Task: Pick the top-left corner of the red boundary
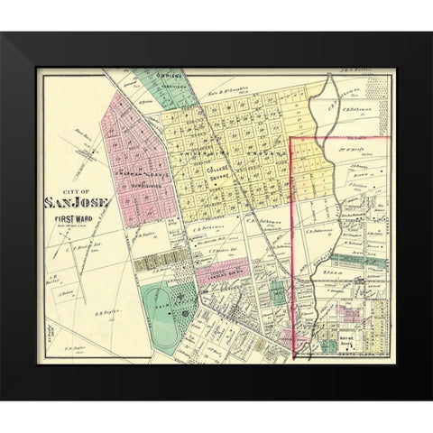coord(290,138)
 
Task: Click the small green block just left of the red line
coord(279,292)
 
